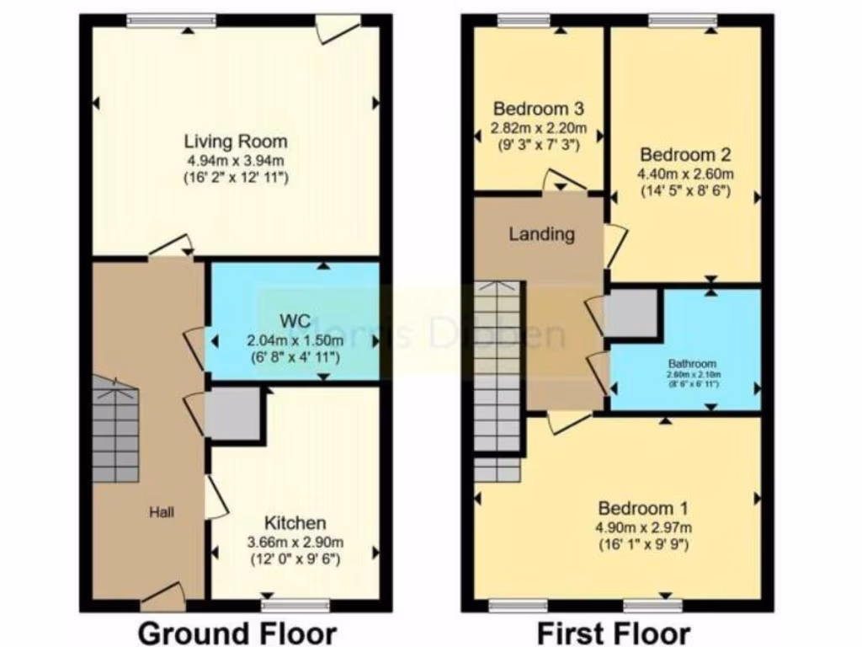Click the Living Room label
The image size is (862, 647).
coord(236,141)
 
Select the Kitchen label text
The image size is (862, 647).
coord(295,522)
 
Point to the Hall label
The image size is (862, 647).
coord(162,511)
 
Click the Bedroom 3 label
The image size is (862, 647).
coord(539,109)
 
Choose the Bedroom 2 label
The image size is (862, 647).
coord(685,155)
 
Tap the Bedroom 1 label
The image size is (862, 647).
coord(643,508)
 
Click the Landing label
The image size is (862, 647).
coord(541,234)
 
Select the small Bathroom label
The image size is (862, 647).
coord(686,364)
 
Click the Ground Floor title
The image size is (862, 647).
coord(237,632)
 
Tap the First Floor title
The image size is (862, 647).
coord(613,632)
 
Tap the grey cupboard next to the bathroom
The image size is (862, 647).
coord(632,313)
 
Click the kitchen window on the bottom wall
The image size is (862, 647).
coord(295,605)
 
